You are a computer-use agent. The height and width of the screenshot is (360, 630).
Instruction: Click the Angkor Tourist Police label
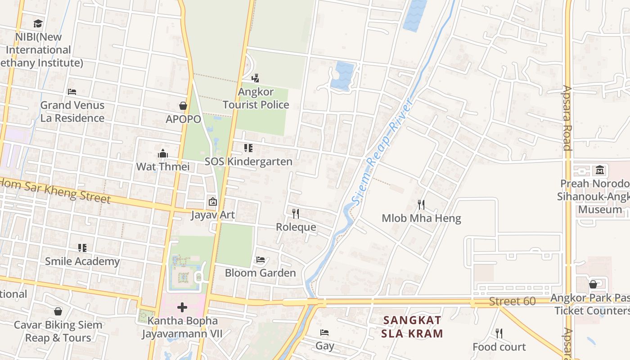256,98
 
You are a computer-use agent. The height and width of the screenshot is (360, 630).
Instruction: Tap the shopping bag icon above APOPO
183,106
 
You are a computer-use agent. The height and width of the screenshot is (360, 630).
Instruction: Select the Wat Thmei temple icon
163,153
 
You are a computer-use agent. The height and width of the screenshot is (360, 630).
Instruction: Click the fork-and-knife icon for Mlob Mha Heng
421,205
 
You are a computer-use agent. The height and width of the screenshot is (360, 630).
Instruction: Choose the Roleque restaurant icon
296,213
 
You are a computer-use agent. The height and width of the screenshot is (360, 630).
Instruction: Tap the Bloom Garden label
260,273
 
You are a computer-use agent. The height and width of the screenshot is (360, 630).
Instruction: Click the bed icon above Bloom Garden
260,260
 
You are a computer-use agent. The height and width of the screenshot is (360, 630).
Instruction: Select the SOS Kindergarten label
248,161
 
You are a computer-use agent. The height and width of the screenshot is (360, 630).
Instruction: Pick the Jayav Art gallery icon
212,202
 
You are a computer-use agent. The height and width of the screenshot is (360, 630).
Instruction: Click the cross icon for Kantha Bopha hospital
182,307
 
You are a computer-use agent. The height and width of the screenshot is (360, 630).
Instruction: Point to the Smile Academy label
82,261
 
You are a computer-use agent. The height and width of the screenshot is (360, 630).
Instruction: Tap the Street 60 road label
512,301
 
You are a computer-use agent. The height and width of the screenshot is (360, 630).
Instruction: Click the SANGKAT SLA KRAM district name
412,327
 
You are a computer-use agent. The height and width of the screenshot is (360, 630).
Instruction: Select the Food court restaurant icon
499,333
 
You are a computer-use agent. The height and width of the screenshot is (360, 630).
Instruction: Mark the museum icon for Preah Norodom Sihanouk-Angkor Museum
600,170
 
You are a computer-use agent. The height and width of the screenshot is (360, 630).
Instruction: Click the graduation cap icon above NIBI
38,23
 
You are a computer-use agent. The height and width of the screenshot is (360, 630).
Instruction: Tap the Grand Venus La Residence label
72,112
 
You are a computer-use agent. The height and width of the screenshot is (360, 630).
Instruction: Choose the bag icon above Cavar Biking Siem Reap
58,311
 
